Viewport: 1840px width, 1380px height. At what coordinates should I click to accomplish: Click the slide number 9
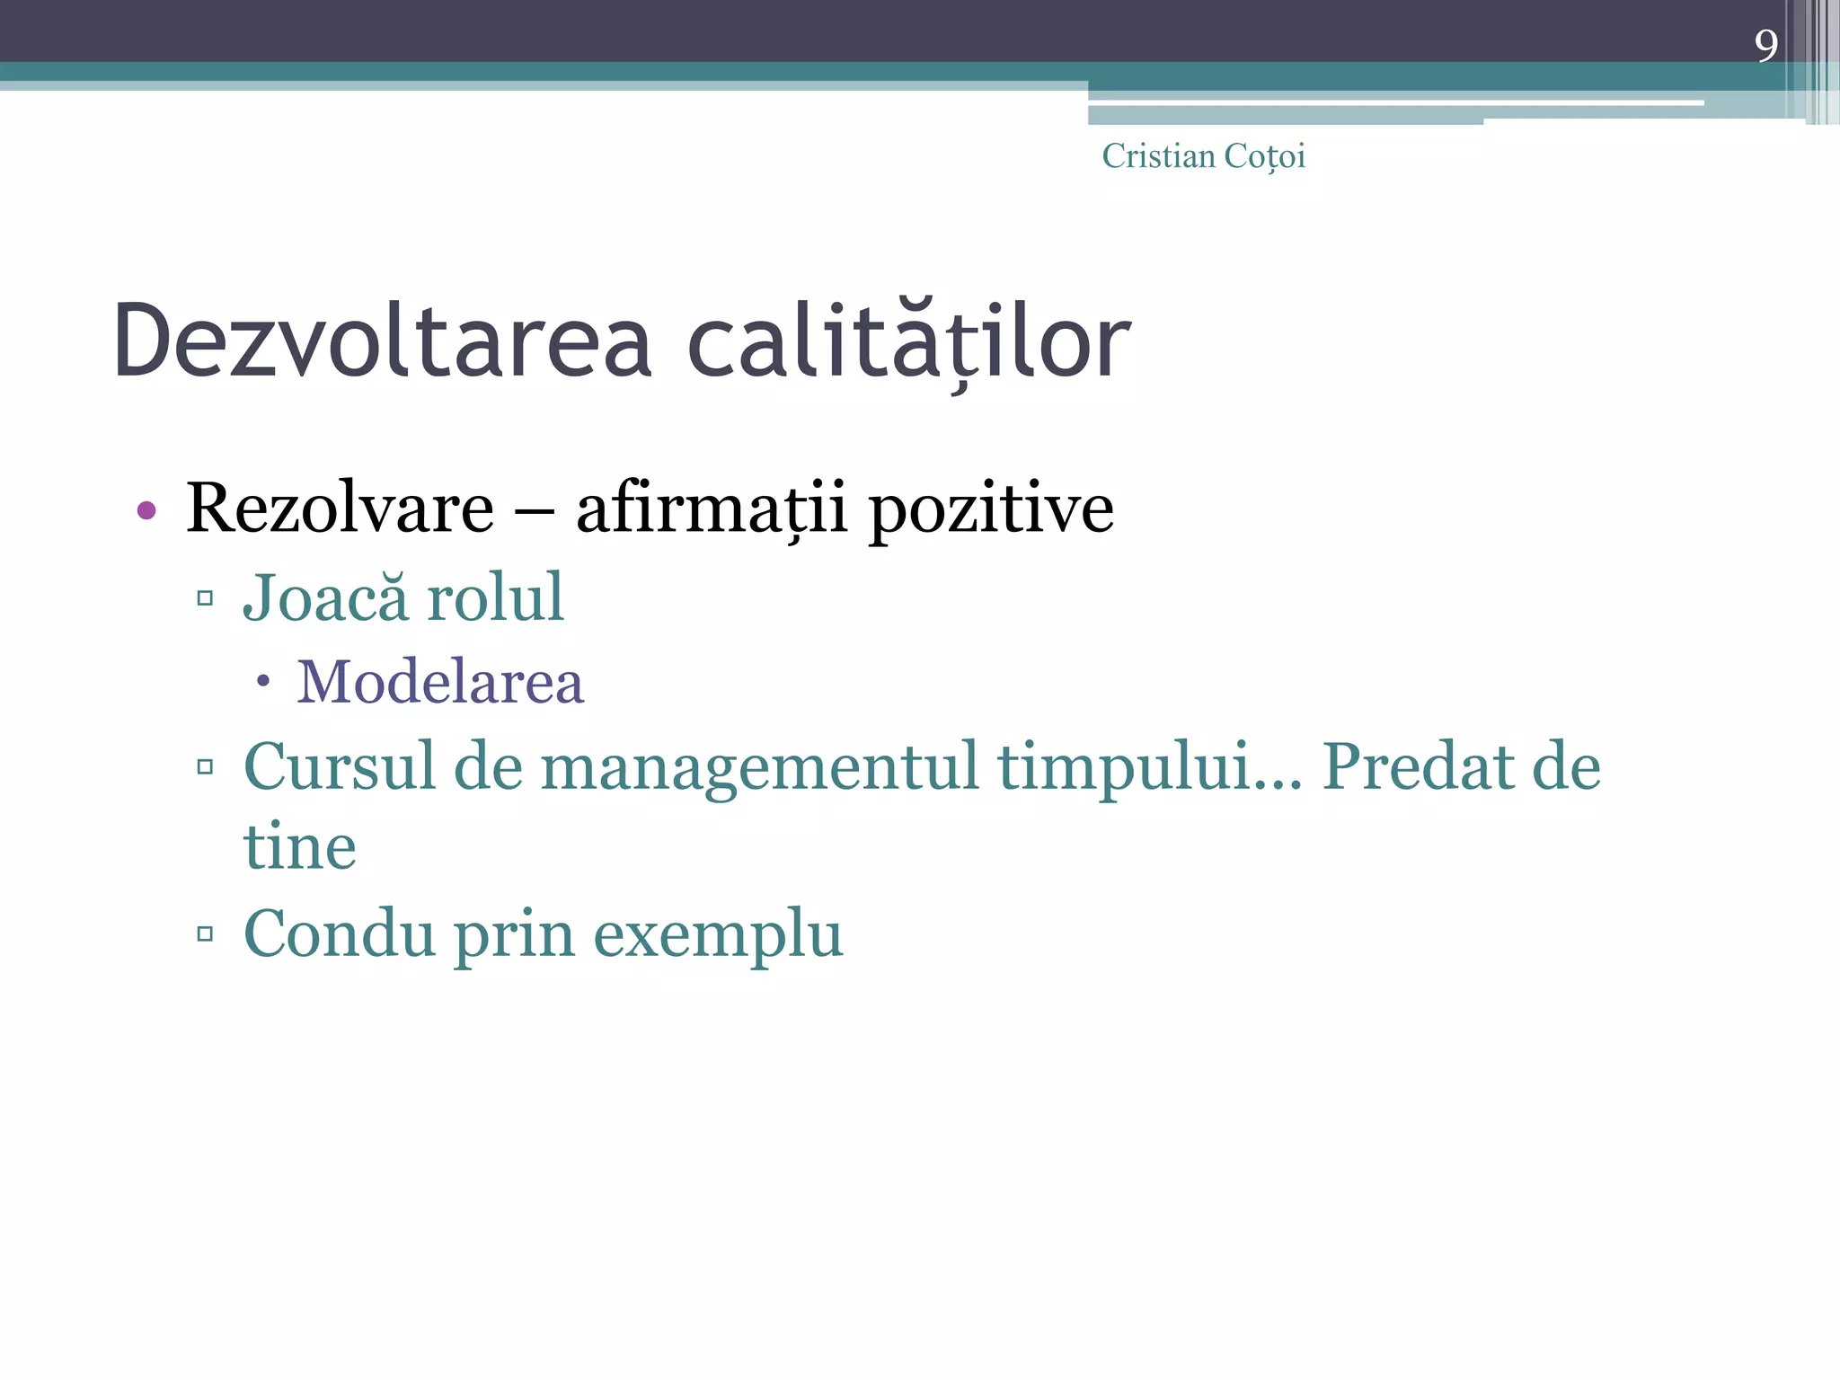pos(1765,45)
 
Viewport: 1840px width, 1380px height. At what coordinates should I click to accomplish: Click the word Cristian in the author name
pos(1158,156)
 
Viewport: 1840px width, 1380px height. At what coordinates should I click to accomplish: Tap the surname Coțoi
pos(1264,156)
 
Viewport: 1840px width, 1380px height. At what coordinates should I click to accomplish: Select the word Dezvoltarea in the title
pos(382,341)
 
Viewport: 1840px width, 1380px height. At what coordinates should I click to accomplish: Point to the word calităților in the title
pos(908,341)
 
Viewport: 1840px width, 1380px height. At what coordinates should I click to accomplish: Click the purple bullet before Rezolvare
pos(146,511)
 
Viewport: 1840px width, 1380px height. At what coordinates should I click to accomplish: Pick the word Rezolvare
pos(340,509)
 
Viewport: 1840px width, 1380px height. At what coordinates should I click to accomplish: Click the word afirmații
pos(711,509)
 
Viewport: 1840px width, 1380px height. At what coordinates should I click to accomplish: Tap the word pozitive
pos(992,509)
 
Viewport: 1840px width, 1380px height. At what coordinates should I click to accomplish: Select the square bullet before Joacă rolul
pos(205,598)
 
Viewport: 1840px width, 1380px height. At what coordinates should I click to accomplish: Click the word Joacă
pos(325,597)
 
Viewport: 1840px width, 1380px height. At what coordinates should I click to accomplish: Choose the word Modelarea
pos(440,682)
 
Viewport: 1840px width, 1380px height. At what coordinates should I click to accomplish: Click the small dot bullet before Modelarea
pos(262,682)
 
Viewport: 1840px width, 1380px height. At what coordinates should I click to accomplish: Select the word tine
pos(300,847)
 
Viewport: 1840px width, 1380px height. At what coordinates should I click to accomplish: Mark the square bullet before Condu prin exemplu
pos(205,934)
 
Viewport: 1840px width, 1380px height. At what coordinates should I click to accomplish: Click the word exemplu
pos(718,934)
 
